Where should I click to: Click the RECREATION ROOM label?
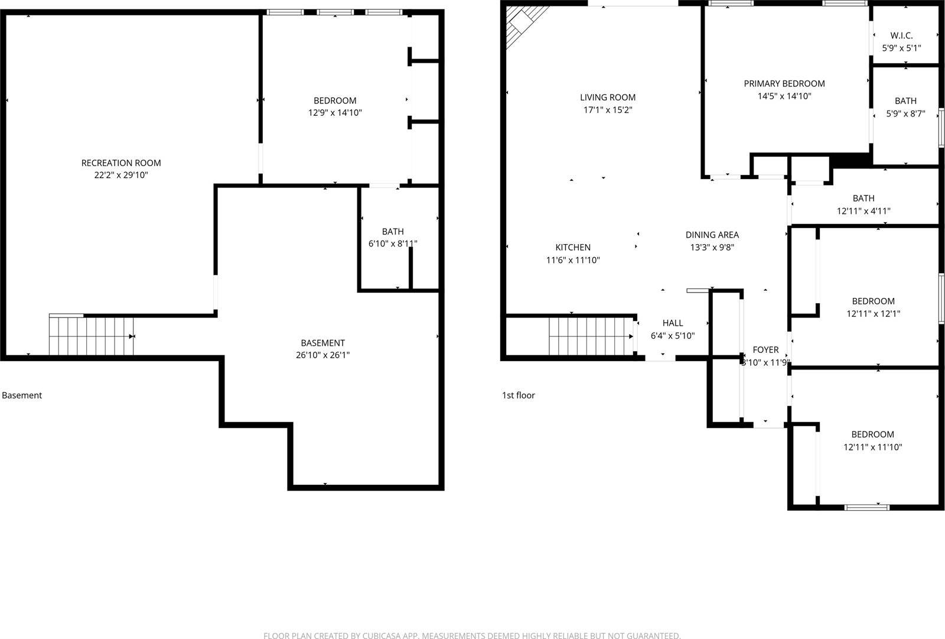click(x=121, y=163)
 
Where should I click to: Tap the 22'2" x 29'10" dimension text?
click(x=121, y=175)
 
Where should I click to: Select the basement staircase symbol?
click(x=92, y=336)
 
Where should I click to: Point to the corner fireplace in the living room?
click(x=522, y=24)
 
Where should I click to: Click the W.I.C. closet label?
click(x=901, y=35)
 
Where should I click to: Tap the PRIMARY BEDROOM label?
click(x=784, y=83)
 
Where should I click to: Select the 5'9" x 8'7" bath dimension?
click(x=905, y=113)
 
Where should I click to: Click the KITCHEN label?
click(x=573, y=247)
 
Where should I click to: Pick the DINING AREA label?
click(x=712, y=235)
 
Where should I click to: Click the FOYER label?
click(x=765, y=349)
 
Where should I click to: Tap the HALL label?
click(x=673, y=323)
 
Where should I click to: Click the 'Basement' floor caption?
click(x=22, y=395)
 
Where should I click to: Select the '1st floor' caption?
click(x=519, y=395)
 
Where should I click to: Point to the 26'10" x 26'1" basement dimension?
click(x=322, y=355)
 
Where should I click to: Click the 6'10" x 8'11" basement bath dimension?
click(x=393, y=244)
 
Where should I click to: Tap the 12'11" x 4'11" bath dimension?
click(x=863, y=211)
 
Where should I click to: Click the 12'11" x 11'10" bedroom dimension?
click(x=872, y=447)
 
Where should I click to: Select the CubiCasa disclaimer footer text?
click(x=472, y=635)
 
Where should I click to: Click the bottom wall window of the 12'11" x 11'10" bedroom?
click(x=866, y=507)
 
